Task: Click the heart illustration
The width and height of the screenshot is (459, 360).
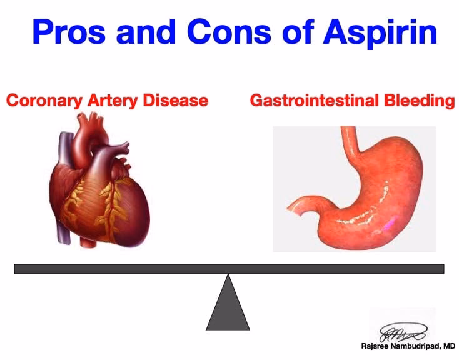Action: coord(103,187)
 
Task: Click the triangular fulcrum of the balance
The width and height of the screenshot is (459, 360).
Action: coord(228,306)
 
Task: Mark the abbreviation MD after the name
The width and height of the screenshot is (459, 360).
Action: coord(449,346)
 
